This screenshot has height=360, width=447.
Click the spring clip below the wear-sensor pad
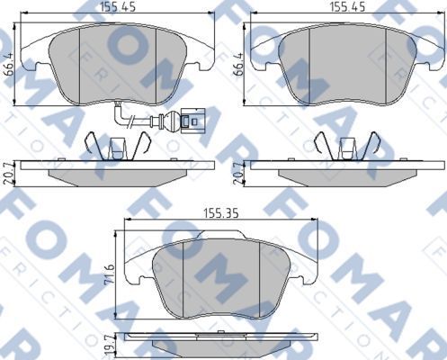pos(109,145)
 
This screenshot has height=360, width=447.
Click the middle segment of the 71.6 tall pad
pos(221,274)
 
